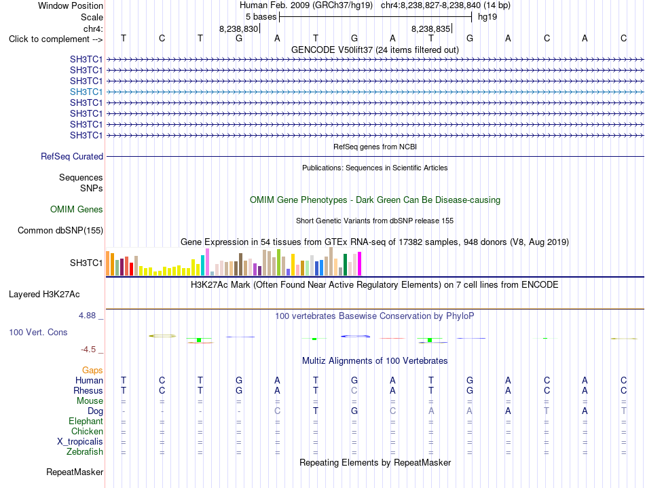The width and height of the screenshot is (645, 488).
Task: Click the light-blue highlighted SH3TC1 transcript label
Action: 86,92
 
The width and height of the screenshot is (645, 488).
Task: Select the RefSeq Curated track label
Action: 72,156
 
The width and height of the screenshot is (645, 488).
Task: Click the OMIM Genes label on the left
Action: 77,209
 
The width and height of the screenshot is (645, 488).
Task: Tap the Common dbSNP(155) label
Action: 60,230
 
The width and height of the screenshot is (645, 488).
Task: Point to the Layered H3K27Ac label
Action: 44,295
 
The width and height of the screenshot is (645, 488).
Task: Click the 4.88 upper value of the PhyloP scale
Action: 87,316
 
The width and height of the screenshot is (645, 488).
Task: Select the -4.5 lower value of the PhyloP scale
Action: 88,350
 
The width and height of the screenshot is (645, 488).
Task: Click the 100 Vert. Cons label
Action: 38,332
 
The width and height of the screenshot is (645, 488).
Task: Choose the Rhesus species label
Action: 88,390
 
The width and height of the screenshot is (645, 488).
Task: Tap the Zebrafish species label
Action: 85,451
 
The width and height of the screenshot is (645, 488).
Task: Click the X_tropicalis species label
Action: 80,442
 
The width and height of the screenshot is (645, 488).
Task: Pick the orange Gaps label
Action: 92,371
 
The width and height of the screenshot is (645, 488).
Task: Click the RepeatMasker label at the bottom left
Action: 75,472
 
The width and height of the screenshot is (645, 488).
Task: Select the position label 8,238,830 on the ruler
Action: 238,29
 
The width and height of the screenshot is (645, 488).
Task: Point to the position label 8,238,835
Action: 430,29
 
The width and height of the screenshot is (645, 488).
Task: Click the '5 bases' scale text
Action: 261,17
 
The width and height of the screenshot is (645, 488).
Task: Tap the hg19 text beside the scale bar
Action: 487,17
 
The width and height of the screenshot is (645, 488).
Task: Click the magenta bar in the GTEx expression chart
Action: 360,263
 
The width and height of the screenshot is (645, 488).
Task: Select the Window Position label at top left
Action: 71,5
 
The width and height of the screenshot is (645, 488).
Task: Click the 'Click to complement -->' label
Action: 56,39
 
